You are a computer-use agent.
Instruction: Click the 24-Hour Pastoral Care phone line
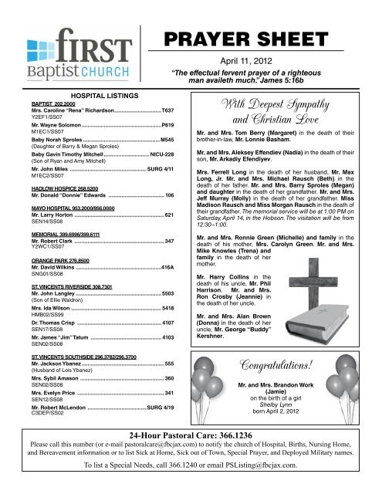coord(191,456)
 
